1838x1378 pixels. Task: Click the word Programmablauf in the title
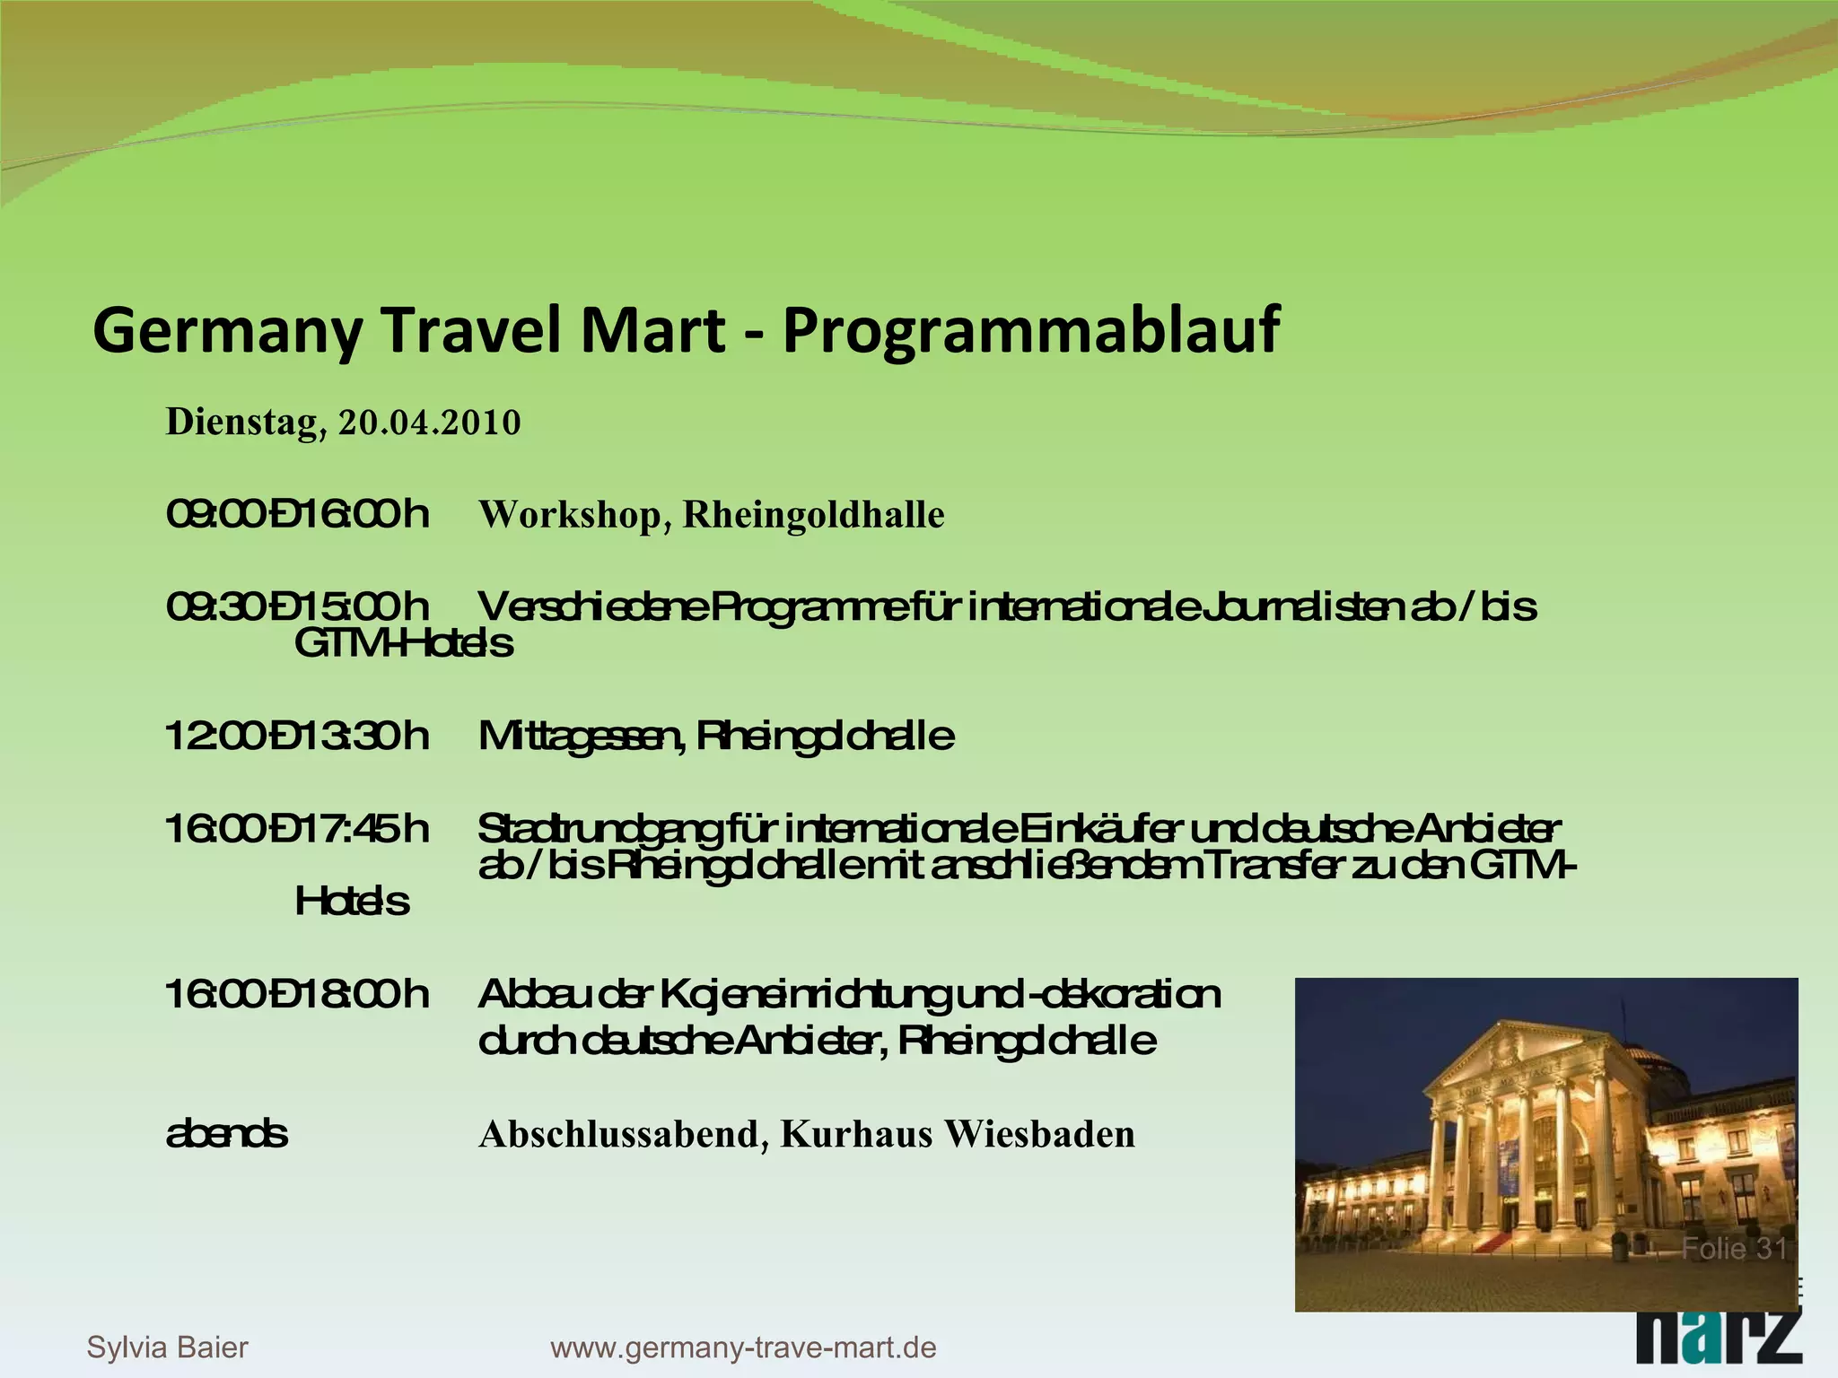tap(1030, 331)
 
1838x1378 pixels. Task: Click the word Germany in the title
tap(227, 331)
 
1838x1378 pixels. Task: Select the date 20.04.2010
tap(429, 423)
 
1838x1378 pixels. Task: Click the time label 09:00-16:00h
tap(297, 515)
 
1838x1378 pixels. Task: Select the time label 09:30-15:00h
tap(297, 607)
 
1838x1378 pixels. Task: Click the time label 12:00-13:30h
tap(297, 737)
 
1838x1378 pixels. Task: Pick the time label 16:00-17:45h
tap(297, 829)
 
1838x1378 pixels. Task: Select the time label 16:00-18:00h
tap(297, 995)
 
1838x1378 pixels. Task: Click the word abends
tap(227, 1134)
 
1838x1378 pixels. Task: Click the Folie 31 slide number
tap(1733, 1249)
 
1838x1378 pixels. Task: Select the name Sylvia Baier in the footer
tap(167, 1347)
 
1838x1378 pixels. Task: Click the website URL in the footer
tap(743, 1347)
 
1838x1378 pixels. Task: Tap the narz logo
tap(1718, 1347)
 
